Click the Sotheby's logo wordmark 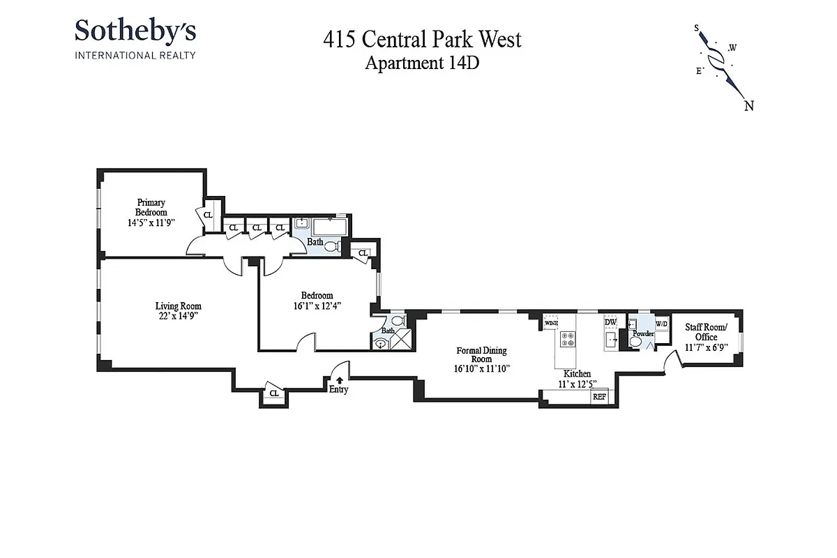click(x=135, y=31)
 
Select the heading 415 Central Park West click(x=422, y=40)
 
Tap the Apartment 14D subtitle click(x=422, y=63)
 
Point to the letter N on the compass click(x=749, y=106)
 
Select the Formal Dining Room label click(x=481, y=355)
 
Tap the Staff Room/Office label click(x=706, y=332)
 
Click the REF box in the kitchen click(x=599, y=396)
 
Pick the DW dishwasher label click(x=610, y=322)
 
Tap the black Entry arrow click(x=339, y=380)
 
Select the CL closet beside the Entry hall click(x=274, y=393)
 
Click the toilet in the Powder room click(x=635, y=342)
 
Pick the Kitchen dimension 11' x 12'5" click(x=577, y=384)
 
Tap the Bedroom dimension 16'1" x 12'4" click(x=317, y=306)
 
